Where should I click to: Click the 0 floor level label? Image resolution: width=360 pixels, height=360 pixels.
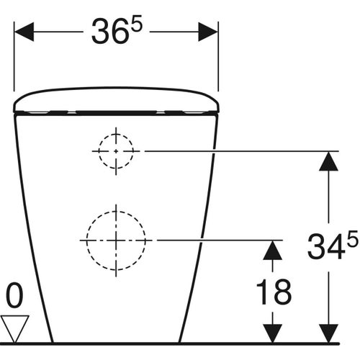pyautogui.click(x=14, y=295)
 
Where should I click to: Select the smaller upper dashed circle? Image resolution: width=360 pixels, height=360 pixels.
pyautogui.click(x=115, y=151)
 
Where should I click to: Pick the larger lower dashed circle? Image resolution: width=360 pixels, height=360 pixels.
pyautogui.click(x=115, y=239)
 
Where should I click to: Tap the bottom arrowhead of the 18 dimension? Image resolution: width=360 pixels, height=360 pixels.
pyautogui.click(x=272, y=333)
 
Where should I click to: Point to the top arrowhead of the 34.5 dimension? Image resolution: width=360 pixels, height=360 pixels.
pyautogui.click(x=328, y=161)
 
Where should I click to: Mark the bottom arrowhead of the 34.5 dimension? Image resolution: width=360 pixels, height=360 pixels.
pyautogui.click(x=328, y=333)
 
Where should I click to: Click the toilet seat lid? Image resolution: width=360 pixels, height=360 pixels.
pyautogui.click(x=116, y=101)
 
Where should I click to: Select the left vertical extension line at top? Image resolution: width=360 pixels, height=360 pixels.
pyautogui.click(x=14, y=61)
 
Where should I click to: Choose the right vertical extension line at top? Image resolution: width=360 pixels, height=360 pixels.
pyautogui.click(x=218, y=61)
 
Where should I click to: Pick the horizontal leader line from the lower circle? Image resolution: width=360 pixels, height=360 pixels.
pyautogui.click(x=216, y=239)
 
